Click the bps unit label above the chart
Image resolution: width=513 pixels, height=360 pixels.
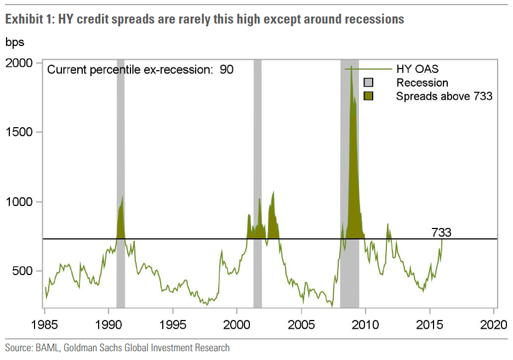coord(15,42)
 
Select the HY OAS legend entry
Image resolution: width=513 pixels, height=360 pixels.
coord(418,69)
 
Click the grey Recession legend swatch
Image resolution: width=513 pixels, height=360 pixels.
coord(369,83)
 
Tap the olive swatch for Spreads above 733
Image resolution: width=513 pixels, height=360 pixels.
coord(369,96)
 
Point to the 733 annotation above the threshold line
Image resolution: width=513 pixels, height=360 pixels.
coord(441,232)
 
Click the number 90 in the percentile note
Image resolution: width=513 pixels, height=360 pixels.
coord(227,70)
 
